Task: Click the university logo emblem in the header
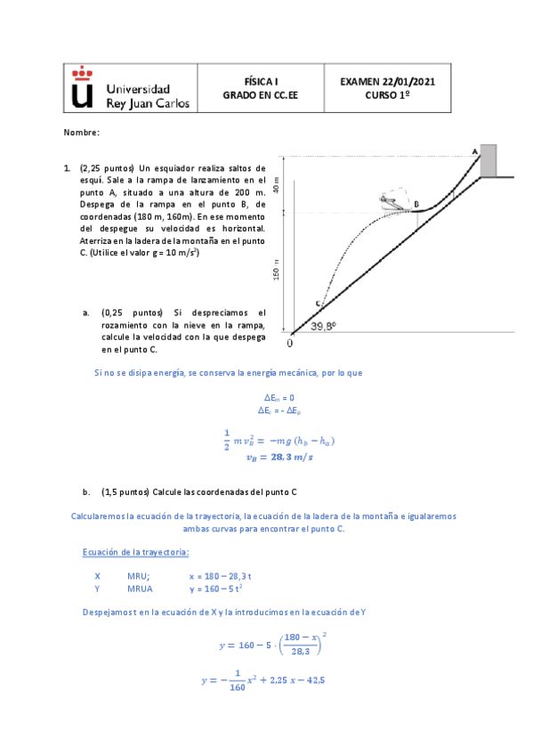[82, 87]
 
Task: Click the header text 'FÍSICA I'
[262, 80]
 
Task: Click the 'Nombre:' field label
[82, 133]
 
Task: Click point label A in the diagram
[474, 151]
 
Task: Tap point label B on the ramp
[416, 204]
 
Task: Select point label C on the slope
[318, 304]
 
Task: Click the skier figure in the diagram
[392, 201]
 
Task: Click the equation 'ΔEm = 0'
[279, 398]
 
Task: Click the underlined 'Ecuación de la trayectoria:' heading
[135, 552]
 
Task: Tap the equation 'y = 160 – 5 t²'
[218, 589]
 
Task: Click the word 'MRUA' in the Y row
[141, 589]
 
